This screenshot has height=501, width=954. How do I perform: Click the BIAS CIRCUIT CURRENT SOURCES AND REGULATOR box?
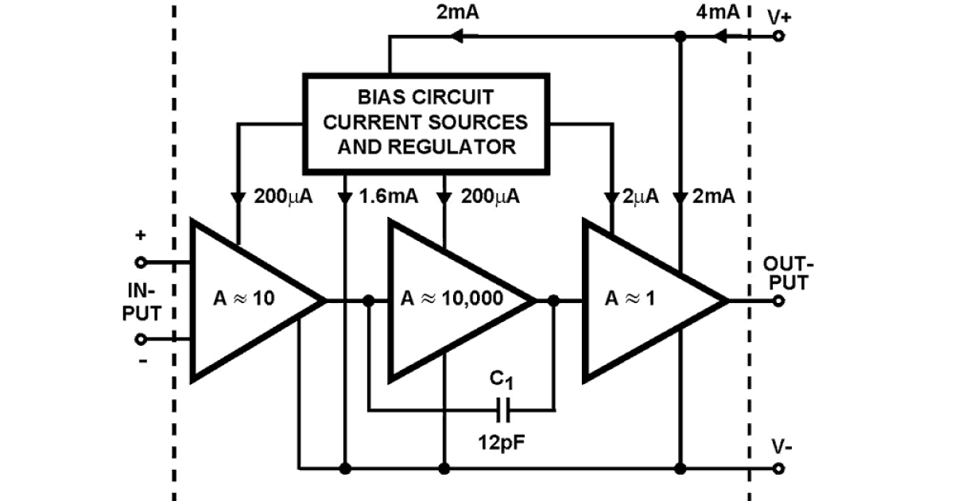(426, 122)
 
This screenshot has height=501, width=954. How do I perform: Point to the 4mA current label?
(717, 12)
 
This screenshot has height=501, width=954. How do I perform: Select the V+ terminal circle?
(778, 36)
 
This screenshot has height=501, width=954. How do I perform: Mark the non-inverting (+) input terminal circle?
(141, 262)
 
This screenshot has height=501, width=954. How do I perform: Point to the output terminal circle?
(778, 301)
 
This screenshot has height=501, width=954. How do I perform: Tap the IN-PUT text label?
(141, 301)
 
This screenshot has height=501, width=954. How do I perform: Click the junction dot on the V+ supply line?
(680, 36)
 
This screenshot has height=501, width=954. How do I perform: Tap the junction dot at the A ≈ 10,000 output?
(554, 301)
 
